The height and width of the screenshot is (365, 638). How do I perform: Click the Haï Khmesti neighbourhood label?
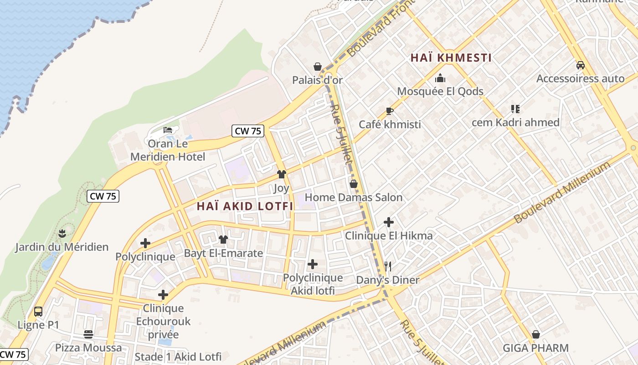(x=451, y=58)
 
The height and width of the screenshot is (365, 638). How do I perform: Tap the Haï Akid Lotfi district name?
(x=245, y=206)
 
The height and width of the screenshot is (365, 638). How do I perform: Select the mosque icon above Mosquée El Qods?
(x=440, y=78)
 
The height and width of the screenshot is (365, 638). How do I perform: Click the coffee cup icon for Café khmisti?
(x=389, y=111)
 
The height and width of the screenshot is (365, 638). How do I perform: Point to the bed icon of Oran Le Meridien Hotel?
(x=168, y=130)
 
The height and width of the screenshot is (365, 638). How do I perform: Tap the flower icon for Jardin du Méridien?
(x=62, y=234)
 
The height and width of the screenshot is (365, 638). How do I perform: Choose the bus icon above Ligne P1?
(x=38, y=312)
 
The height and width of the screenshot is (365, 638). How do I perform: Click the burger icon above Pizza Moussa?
(x=88, y=334)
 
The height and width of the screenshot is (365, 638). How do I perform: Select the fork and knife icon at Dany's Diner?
(x=388, y=266)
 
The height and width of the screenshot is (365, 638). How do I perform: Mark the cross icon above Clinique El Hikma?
(x=389, y=222)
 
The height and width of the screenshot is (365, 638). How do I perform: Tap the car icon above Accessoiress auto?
(x=580, y=65)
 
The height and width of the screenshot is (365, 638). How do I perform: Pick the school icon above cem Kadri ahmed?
(x=515, y=109)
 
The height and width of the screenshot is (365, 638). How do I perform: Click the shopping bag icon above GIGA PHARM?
(x=536, y=335)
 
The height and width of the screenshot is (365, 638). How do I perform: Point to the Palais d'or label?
(x=317, y=80)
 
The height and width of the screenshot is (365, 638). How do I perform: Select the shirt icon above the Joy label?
(x=282, y=174)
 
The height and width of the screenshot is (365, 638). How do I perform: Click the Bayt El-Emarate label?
(x=223, y=253)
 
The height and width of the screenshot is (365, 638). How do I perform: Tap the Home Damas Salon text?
(x=354, y=198)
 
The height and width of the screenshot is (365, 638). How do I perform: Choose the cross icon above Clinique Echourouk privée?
(x=163, y=295)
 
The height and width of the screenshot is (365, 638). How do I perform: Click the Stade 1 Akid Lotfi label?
(x=178, y=356)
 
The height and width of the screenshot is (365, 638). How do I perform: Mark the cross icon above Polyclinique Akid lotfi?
(x=313, y=264)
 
